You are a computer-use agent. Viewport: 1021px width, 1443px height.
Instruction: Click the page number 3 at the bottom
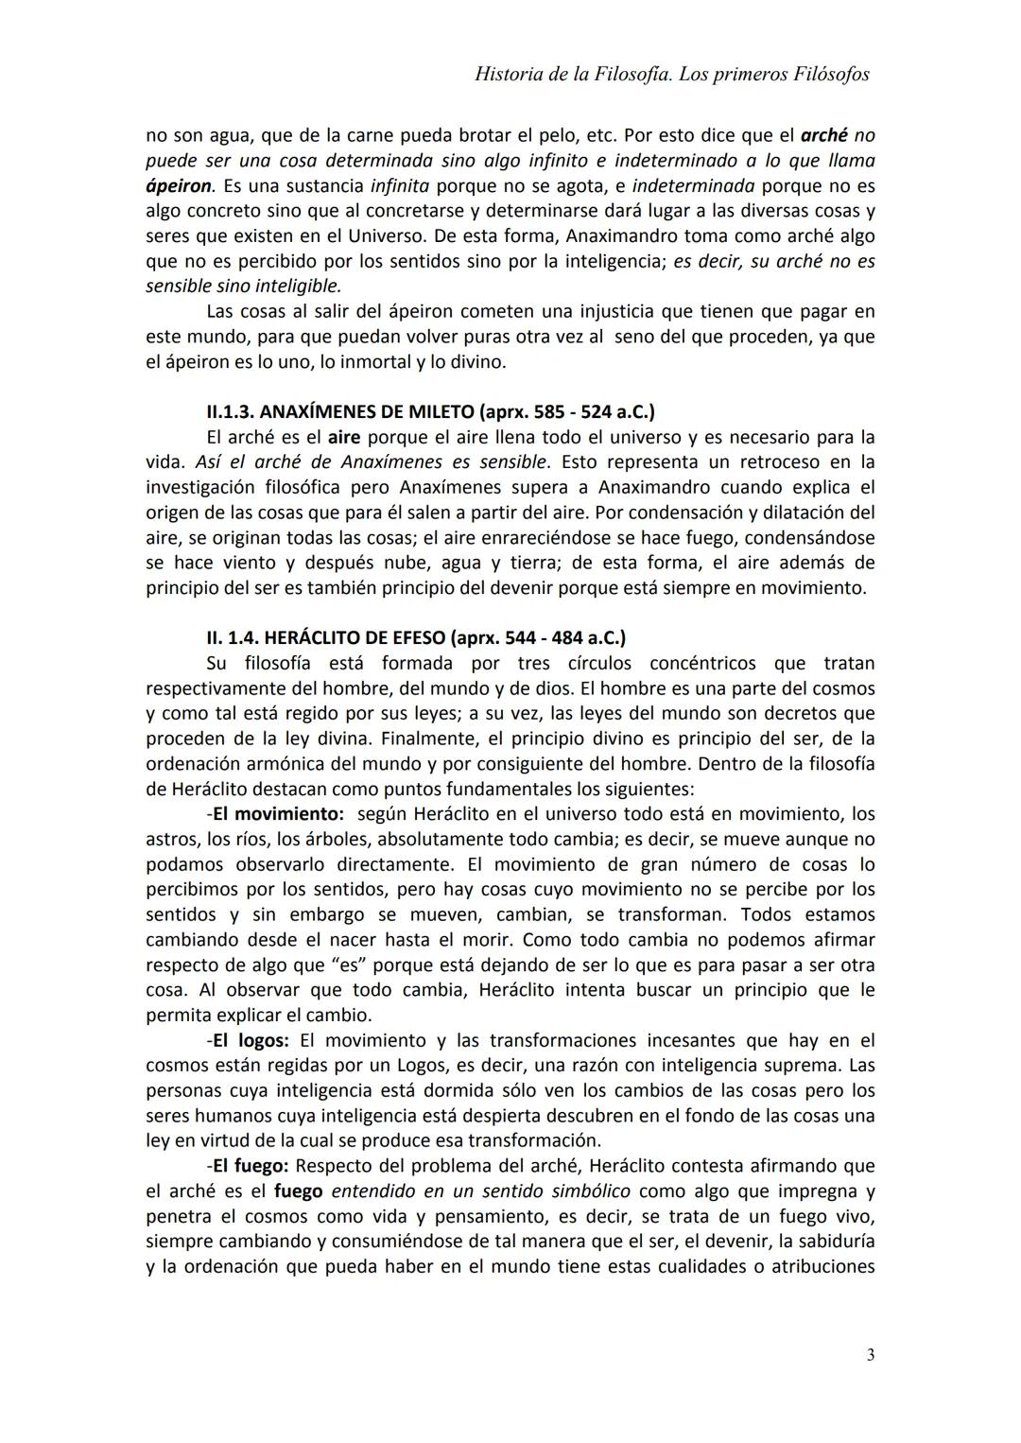point(870,1355)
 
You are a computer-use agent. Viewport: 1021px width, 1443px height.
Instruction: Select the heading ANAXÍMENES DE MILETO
point(367,412)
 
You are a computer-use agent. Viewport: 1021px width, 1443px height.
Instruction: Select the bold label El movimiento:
point(268,814)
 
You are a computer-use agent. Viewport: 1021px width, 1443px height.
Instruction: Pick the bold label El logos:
point(248,1040)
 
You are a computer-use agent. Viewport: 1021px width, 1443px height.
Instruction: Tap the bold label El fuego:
point(248,1166)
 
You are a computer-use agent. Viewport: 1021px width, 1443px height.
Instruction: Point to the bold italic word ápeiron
point(179,185)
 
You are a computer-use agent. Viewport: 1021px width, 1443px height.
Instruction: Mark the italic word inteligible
point(297,286)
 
